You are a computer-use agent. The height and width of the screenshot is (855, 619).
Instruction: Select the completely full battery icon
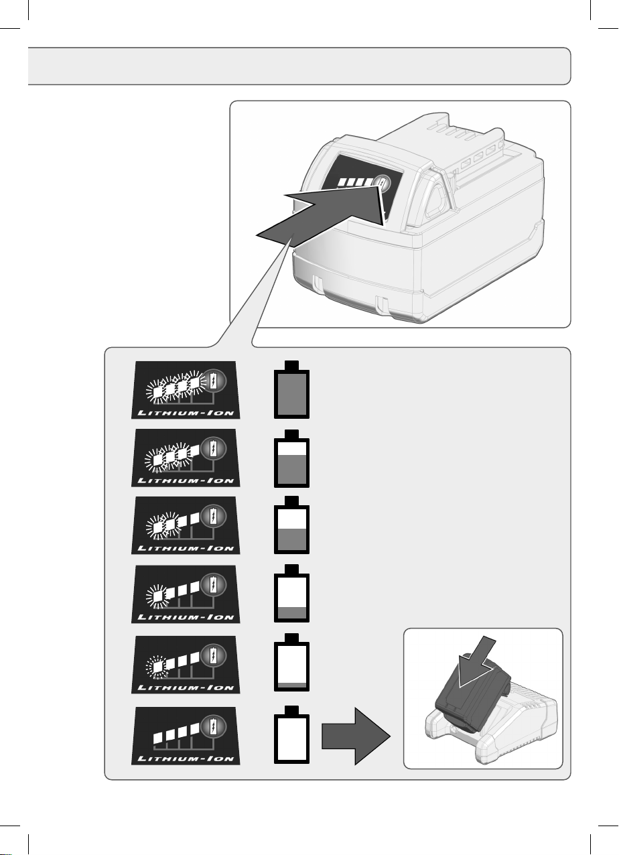pos(291,390)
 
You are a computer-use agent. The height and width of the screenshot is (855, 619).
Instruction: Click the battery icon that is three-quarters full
pos(291,458)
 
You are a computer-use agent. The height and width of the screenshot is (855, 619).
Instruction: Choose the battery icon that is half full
pos(291,525)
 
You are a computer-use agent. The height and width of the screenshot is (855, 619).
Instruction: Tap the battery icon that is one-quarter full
pos(291,594)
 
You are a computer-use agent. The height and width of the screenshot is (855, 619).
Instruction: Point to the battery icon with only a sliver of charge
pos(291,662)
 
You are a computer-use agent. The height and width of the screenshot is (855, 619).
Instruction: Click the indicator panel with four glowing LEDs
pos(186,390)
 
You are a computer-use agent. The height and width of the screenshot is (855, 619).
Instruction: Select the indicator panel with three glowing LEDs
pos(186,458)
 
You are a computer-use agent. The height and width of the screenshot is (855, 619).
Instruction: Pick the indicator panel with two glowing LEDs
pos(186,525)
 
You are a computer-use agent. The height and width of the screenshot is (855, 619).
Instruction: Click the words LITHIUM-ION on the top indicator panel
pos(186,413)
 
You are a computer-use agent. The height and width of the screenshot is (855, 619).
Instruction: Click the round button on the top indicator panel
pos(214,380)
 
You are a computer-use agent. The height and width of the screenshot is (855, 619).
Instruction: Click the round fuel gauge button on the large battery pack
pos(382,183)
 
